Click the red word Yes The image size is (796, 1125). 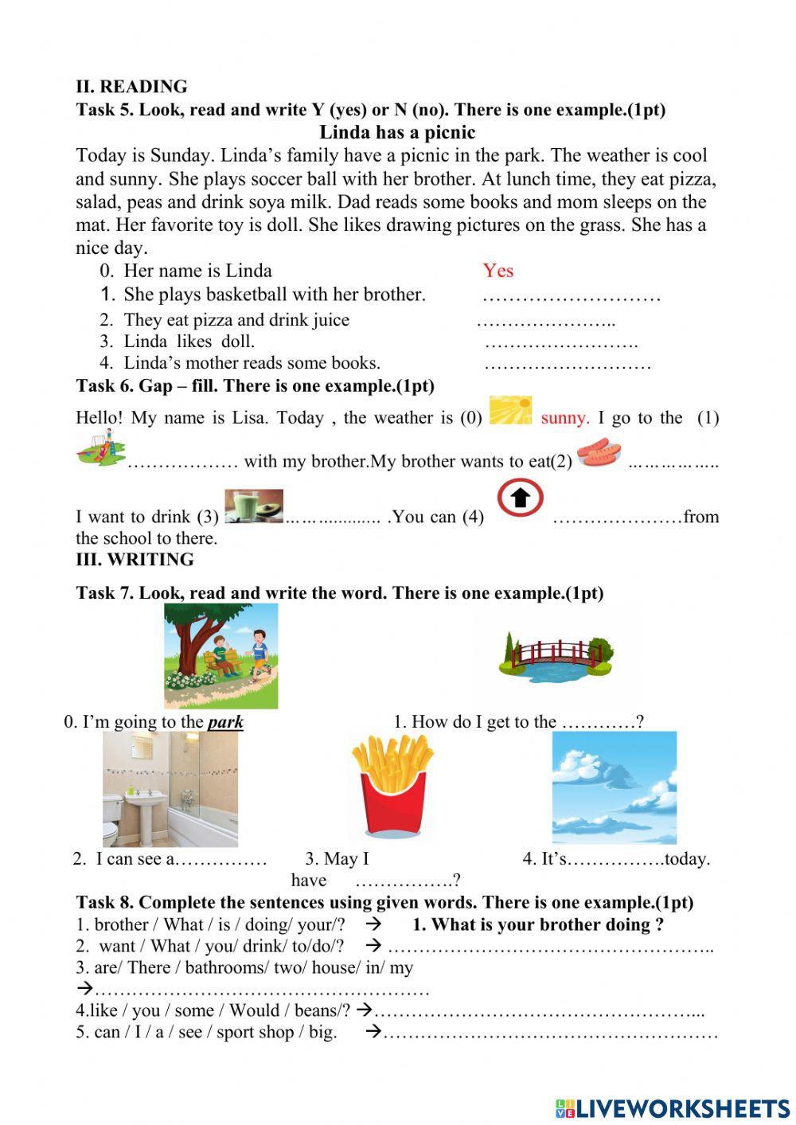point(497,271)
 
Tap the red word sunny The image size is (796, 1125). point(564,418)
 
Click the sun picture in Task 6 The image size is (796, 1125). point(510,410)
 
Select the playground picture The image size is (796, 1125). point(101,447)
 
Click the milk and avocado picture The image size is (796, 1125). point(254,506)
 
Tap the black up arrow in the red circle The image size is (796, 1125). point(520,498)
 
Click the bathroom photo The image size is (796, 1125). point(170,788)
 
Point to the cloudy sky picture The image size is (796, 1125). point(614,787)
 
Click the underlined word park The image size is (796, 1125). point(225,722)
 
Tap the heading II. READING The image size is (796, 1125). point(131,87)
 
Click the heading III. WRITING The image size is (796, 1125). point(135,560)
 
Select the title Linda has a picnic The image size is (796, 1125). point(396,132)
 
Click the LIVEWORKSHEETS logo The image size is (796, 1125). point(673,1108)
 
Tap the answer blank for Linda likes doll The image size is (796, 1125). point(560,343)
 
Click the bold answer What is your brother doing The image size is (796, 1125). point(538,924)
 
